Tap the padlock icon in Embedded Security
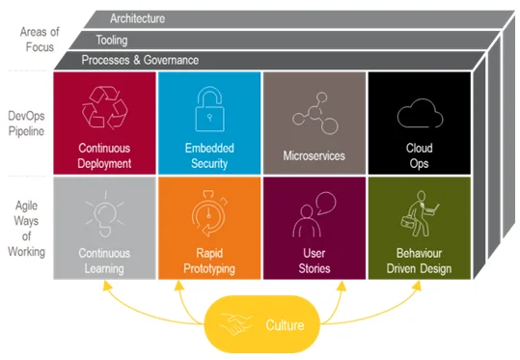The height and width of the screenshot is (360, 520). [208, 108]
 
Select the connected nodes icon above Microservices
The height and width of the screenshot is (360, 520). [315, 112]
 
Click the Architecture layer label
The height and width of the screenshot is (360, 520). [137, 18]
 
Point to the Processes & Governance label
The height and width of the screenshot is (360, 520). [141, 60]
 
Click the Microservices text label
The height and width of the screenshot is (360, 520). [315, 154]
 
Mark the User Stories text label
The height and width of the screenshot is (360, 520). [315, 261]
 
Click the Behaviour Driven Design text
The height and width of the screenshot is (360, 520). [420, 261]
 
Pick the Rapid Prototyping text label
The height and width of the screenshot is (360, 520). [208, 261]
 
